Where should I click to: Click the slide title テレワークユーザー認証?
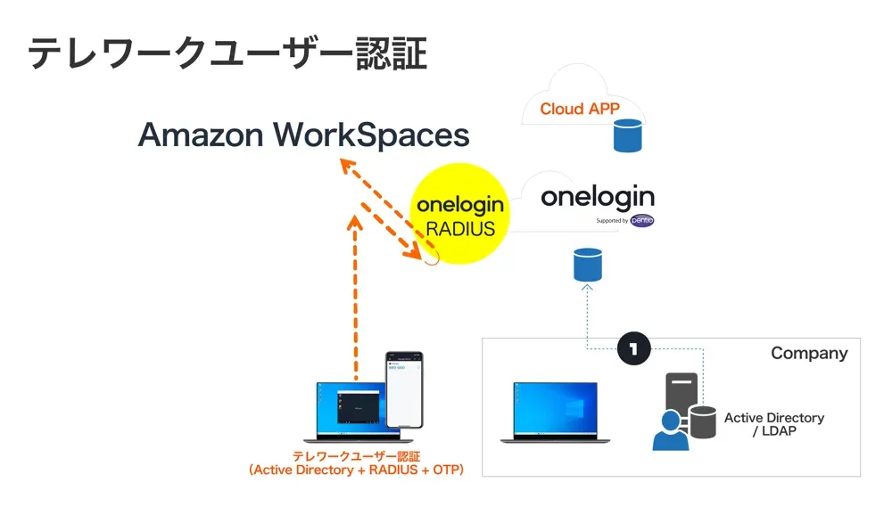point(227,54)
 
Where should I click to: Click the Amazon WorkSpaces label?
point(303,135)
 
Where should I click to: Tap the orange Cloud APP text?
point(580,109)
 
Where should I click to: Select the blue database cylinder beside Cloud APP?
point(628,135)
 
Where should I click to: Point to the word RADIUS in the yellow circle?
point(460,228)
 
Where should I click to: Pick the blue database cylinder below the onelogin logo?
point(588,265)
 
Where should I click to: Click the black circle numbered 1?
point(633,349)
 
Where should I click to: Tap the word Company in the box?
point(809,354)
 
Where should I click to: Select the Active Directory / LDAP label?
point(773,424)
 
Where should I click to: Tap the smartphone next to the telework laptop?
point(404,389)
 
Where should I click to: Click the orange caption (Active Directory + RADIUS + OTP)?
point(357,470)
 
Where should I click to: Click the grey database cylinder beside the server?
point(703,422)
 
